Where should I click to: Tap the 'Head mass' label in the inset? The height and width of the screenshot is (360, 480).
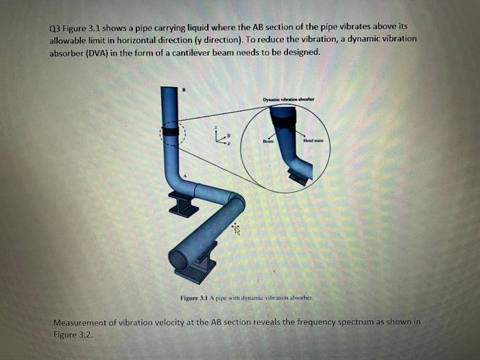point(313,141)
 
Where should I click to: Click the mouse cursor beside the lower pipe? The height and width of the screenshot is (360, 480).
point(236,228)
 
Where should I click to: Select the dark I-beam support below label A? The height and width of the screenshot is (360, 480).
point(183,204)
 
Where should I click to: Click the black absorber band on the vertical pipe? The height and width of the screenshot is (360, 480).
point(169,131)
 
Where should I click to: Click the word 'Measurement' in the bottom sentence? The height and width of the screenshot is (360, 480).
point(82,322)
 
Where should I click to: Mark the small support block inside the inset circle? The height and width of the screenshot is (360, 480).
point(298,178)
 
